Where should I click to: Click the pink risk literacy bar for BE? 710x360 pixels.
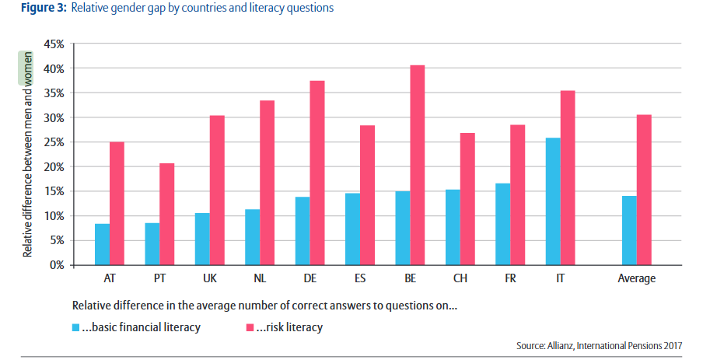(418, 165)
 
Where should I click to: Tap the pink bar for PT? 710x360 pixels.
(166, 214)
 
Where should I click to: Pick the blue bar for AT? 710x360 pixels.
(102, 244)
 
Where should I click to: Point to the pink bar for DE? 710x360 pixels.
(317, 173)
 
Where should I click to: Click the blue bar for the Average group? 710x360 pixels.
(629, 230)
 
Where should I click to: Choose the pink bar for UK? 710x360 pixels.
(217, 190)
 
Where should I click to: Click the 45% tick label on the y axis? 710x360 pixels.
(53, 44)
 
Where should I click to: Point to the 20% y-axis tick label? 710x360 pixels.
(53, 166)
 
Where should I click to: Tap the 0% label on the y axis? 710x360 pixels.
(56, 265)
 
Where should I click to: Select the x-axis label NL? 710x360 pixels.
(259, 278)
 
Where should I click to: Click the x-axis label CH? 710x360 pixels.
(460, 278)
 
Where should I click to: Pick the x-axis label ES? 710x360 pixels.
(359, 278)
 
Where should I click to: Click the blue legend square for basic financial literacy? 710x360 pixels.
(75, 327)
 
